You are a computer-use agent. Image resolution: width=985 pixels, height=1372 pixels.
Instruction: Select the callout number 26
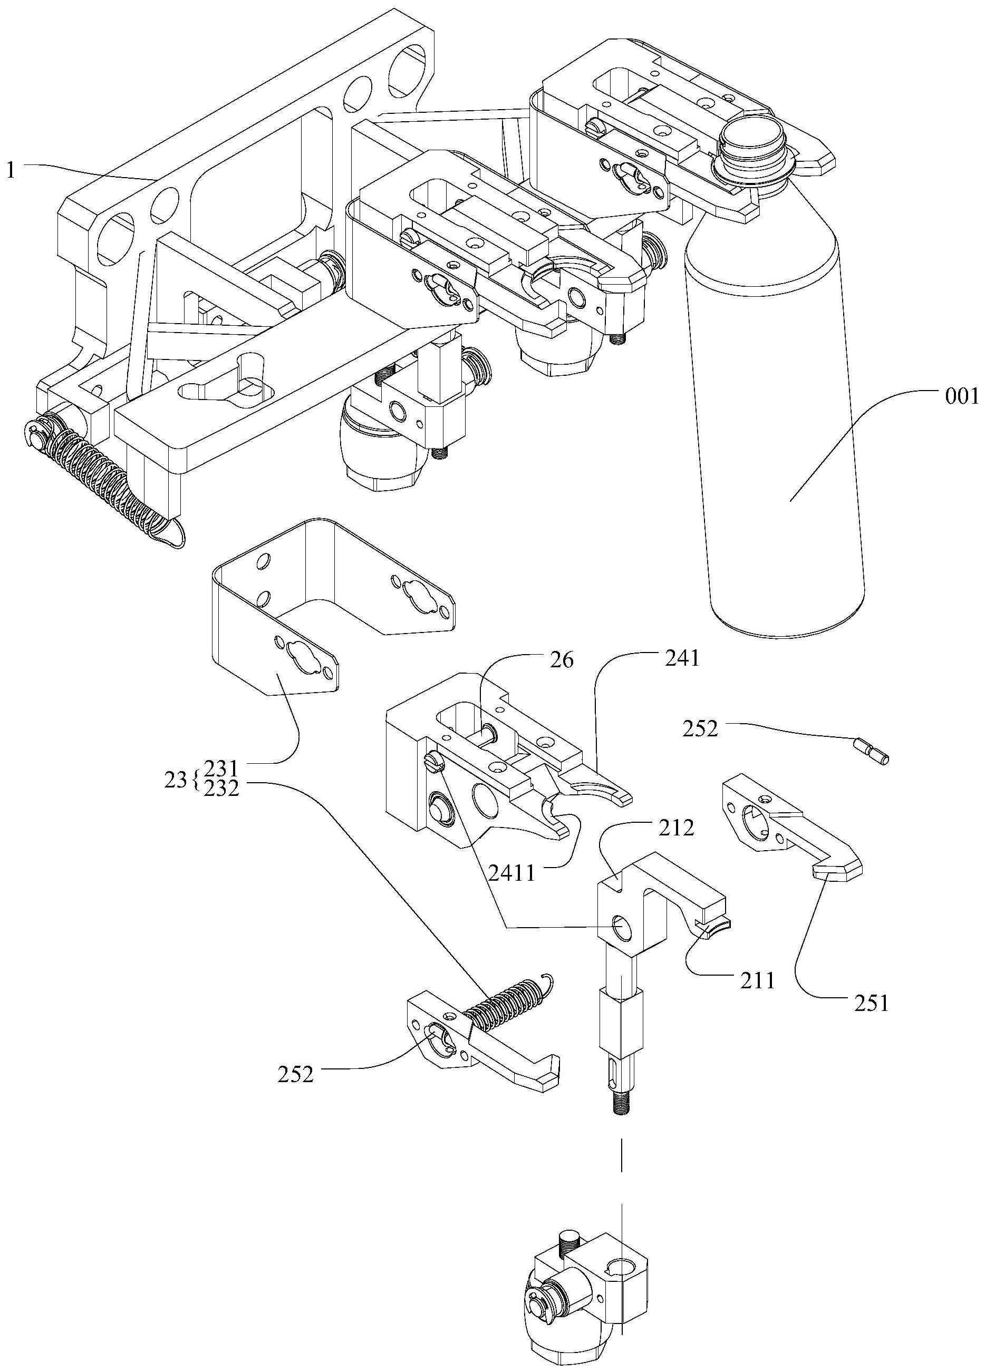561,660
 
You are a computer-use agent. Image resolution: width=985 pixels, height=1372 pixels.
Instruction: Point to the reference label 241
681,658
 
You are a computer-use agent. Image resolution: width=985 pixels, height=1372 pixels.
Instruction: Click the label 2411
511,873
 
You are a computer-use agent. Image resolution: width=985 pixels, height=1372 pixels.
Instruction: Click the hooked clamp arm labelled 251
793,828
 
